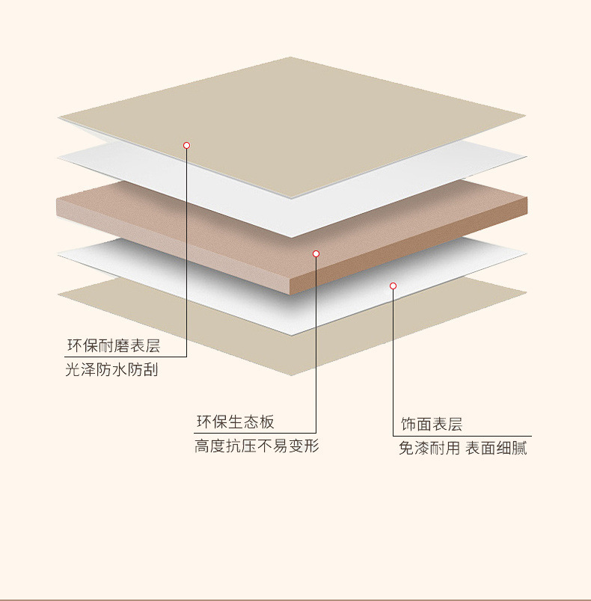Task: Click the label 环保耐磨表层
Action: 114,346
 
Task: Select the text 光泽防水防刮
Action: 111,370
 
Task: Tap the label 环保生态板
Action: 235,422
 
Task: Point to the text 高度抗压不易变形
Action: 257,447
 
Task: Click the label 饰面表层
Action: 432,425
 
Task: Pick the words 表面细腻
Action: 496,449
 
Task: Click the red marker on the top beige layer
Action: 186,145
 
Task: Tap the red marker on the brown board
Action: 316,254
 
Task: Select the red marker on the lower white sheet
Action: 393,286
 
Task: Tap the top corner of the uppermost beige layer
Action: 290,58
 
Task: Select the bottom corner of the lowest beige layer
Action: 292,375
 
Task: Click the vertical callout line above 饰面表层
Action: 393,359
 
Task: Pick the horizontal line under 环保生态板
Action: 255,433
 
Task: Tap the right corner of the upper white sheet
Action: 526,158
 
